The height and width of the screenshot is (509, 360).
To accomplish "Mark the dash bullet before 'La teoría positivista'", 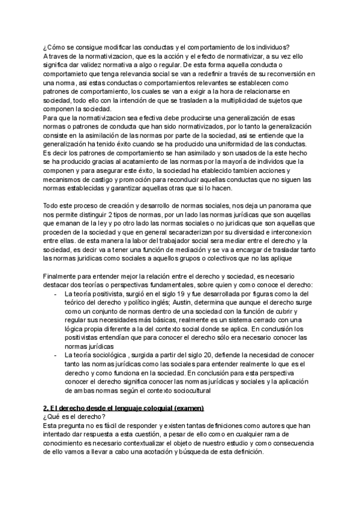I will coord(55,295).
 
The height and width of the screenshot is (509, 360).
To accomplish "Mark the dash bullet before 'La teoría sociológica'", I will coord(55,356).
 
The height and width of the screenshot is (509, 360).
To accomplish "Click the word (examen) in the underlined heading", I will coord(185,409).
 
